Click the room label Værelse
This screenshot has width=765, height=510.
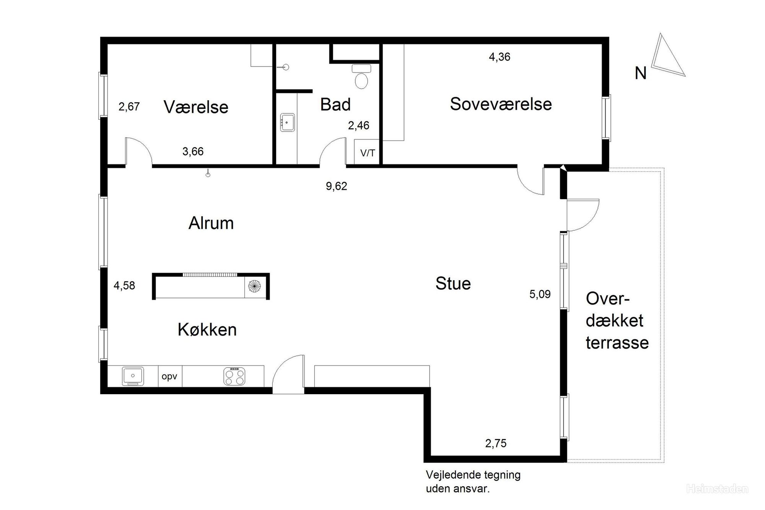(196, 107)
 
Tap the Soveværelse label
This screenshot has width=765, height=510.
(501, 104)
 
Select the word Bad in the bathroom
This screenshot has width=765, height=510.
(335, 104)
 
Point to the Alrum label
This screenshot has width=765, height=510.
(211, 223)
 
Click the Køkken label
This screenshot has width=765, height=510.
(207, 329)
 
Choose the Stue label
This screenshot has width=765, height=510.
(453, 283)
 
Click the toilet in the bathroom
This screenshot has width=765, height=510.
(361, 76)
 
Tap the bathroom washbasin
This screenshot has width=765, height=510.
(287, 122)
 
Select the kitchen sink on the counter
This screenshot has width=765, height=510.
(133, 376)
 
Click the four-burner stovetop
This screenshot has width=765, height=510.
(234, 376)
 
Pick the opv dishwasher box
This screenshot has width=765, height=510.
(170, 376)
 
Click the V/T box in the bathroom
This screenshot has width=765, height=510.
(368, 152)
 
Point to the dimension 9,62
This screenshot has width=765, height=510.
(336, 186)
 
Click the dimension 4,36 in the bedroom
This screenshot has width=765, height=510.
(500, 57)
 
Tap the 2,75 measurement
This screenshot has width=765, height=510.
(496, 443)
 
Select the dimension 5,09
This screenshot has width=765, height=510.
(540, 294)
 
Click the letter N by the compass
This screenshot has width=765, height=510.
(640, 73)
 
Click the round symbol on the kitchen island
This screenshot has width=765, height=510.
(254, 286)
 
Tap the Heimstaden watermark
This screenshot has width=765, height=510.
(717, 489)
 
